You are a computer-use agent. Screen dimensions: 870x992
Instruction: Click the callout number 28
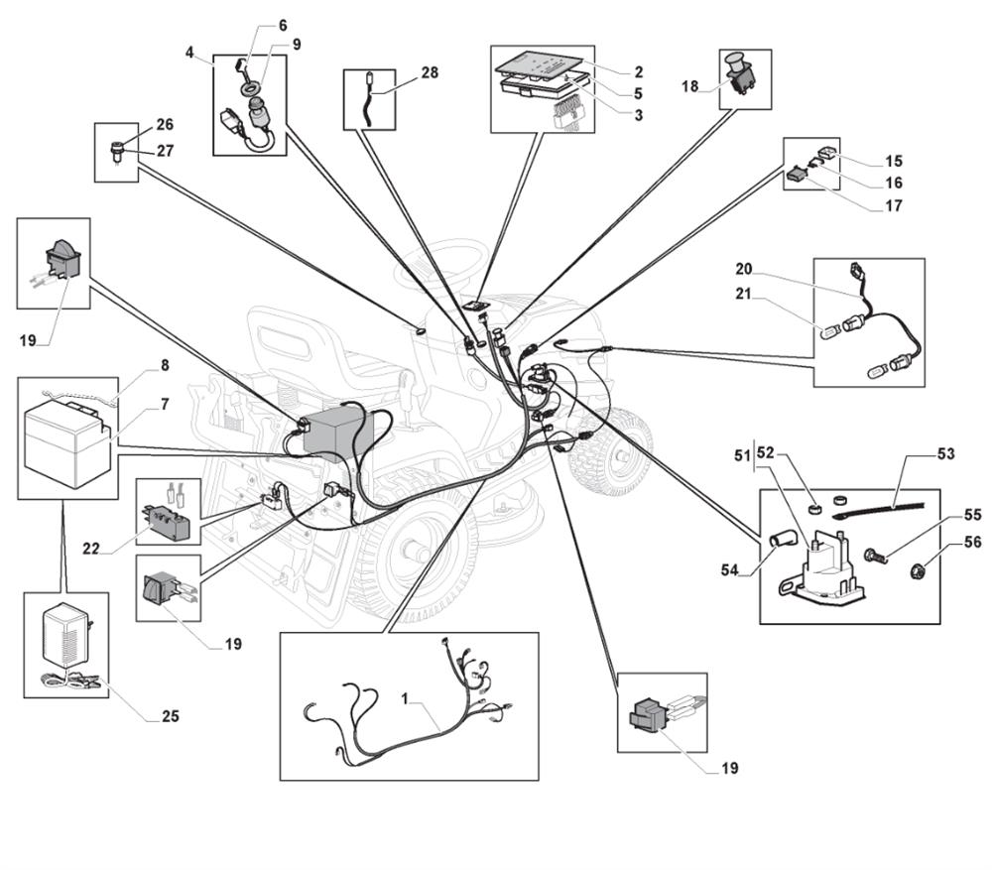click(429, 72)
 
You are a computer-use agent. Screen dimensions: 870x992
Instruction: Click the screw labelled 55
click(876, 557)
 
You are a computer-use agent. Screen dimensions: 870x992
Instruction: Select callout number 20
click(744, 268)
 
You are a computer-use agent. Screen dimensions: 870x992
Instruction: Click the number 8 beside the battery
click(164, 365)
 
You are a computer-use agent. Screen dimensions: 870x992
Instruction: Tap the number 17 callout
click(895, 206)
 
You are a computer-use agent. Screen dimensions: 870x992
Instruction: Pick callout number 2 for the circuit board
click(638, 71)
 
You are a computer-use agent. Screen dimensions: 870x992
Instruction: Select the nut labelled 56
click(919, 570)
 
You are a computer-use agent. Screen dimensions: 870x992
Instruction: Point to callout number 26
click(165, 125)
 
